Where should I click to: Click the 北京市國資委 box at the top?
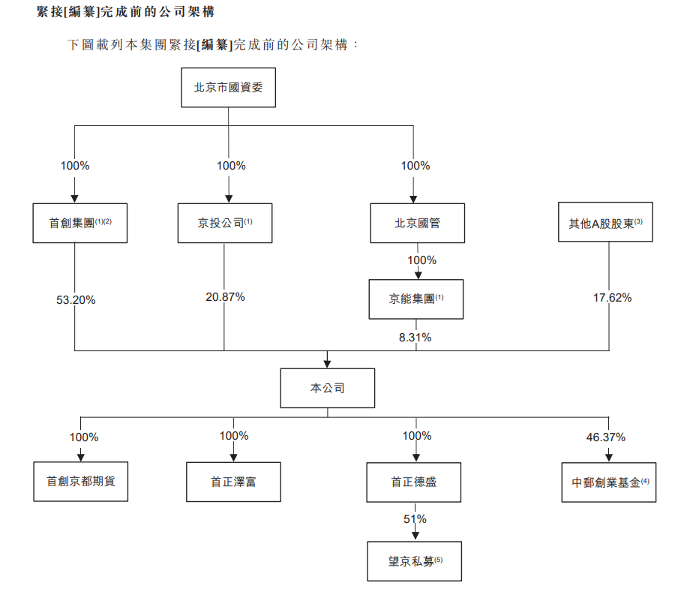(x=228, y=88)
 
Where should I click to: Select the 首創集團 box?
(x=79, y=223)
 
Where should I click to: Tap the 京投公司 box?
(x=224, y=223)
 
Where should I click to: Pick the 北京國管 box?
(x=417, y=223)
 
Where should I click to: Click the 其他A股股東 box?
(x=606, y=223)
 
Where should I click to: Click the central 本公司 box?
(x=328, y=388)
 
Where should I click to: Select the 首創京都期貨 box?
(x=81, y=482)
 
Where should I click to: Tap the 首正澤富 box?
(x=233, y=482)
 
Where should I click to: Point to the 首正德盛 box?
(x=414, y=482)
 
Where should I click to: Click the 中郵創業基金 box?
(x=608, y=482)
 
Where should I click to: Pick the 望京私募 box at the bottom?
(x=414, y=560)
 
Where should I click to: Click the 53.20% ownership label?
(x=76, y=300)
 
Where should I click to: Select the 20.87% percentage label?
(x=225, y=297)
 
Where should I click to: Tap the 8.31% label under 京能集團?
(x=415, y=338)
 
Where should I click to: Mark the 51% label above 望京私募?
(x=415, y=519)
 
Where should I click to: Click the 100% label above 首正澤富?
(x=234, y=436)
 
